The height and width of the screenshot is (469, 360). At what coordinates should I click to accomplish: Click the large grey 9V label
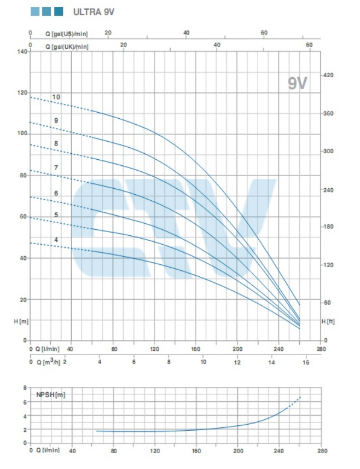coord(298,83)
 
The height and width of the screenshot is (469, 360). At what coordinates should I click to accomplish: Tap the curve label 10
coord(56,97)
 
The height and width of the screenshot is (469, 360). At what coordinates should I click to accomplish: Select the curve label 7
coord(56,167)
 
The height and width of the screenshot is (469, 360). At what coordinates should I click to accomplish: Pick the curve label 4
coord(56,240)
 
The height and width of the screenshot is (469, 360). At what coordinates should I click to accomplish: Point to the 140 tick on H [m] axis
coord(21,51)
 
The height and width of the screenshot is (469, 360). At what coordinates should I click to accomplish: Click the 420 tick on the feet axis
coord(329,75)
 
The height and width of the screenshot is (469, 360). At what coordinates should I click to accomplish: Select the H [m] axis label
coord(21,322)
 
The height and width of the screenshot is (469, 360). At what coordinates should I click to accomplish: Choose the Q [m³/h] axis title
coord(47,362)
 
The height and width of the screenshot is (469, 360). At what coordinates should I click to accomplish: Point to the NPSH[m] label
coord(50,395)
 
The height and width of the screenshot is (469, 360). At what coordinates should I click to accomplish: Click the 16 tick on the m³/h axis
coord(306,362)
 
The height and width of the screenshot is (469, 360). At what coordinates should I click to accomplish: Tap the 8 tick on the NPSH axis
coord(24,387)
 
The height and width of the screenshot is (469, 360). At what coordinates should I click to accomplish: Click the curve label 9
coord(56,120)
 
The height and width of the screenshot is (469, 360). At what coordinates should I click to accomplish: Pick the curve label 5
coord(56,215)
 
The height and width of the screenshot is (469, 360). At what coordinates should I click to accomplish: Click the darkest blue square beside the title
coord(59,11)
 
